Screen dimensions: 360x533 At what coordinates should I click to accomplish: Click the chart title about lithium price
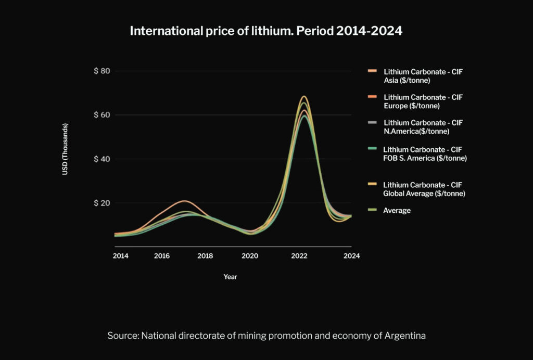266,31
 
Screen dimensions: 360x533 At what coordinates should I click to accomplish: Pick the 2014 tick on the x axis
120,256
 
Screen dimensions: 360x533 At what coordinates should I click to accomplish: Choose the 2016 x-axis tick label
162,256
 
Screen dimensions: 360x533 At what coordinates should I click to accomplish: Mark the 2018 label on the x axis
205,256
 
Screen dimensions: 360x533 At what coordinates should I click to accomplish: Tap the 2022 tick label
299,256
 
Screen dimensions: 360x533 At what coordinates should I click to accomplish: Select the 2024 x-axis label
351,256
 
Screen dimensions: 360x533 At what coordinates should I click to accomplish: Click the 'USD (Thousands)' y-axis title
66,149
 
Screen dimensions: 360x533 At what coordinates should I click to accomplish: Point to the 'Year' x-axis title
230,277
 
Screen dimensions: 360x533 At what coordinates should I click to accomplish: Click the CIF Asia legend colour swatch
372,71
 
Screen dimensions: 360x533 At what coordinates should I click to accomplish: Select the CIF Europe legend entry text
423,101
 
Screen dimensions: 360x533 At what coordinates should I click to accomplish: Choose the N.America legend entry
423,127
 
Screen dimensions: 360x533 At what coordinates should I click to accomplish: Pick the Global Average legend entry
424,189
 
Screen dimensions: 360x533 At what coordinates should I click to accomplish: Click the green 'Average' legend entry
397,211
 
